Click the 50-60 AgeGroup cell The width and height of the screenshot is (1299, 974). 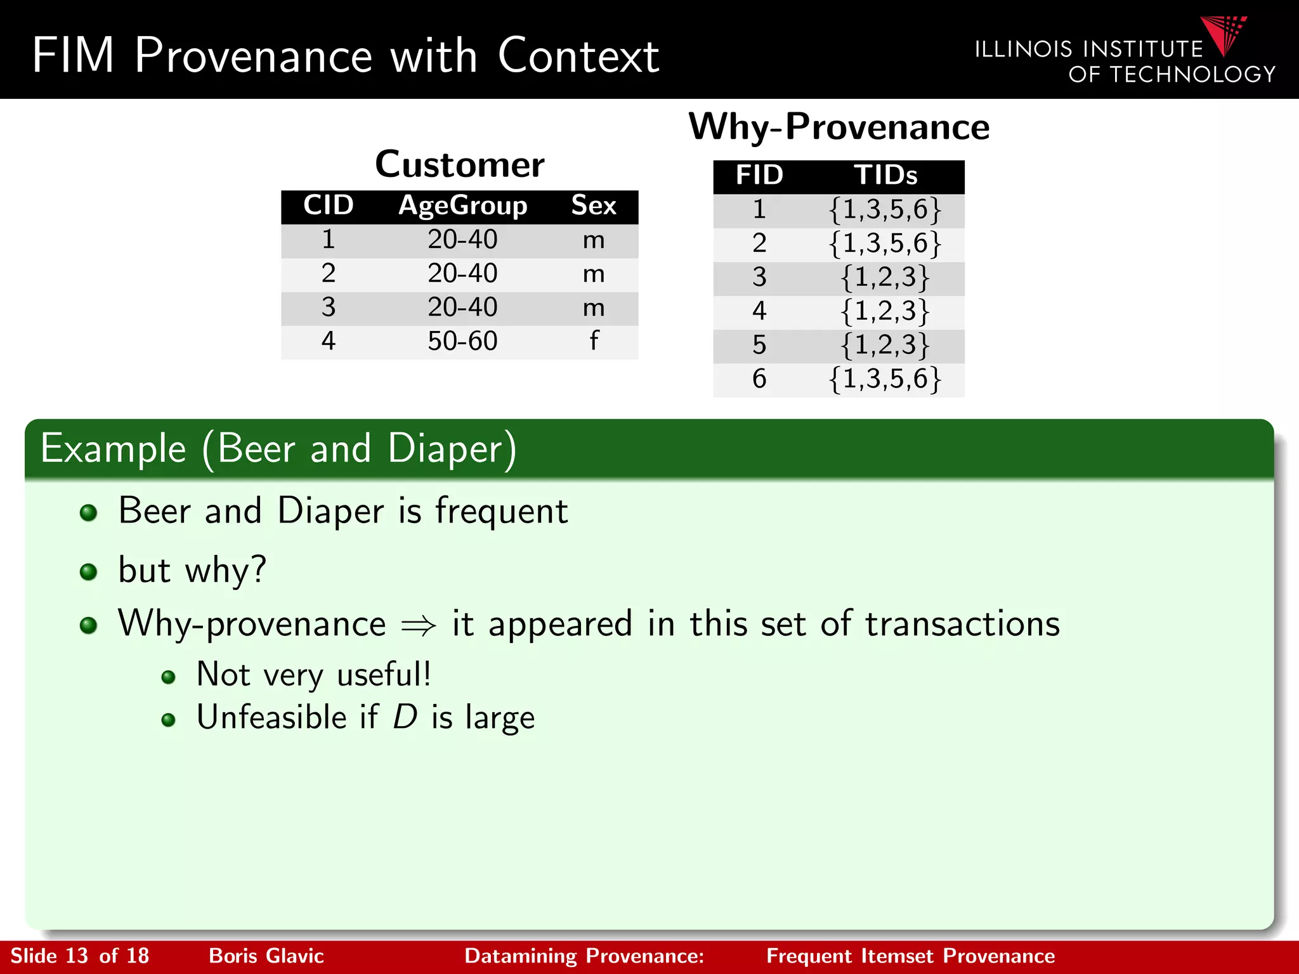(462, 342)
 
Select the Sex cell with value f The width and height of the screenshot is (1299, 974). (594, 342)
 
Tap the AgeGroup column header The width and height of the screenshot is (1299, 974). (462, 206)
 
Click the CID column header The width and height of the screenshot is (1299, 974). (328, 206)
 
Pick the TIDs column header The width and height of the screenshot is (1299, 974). (885, 176)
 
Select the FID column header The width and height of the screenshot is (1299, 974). (759, 176)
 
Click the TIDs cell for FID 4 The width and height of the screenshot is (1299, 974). (885, 311)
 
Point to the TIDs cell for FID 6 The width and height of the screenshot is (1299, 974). (885, 379)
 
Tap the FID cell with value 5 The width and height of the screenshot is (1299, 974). (759, 345)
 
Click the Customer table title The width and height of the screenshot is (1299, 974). (460, 165)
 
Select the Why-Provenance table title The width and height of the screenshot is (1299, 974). (839, 127)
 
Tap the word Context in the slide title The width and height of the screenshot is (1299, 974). (578, 56)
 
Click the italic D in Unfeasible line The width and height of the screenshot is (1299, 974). (405, 718)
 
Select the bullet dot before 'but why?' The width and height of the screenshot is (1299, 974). (89, 572)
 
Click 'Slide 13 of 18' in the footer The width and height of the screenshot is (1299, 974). (79, 956)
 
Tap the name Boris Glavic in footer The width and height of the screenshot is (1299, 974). (266, 956)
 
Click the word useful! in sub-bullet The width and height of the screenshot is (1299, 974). (384, 675)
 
